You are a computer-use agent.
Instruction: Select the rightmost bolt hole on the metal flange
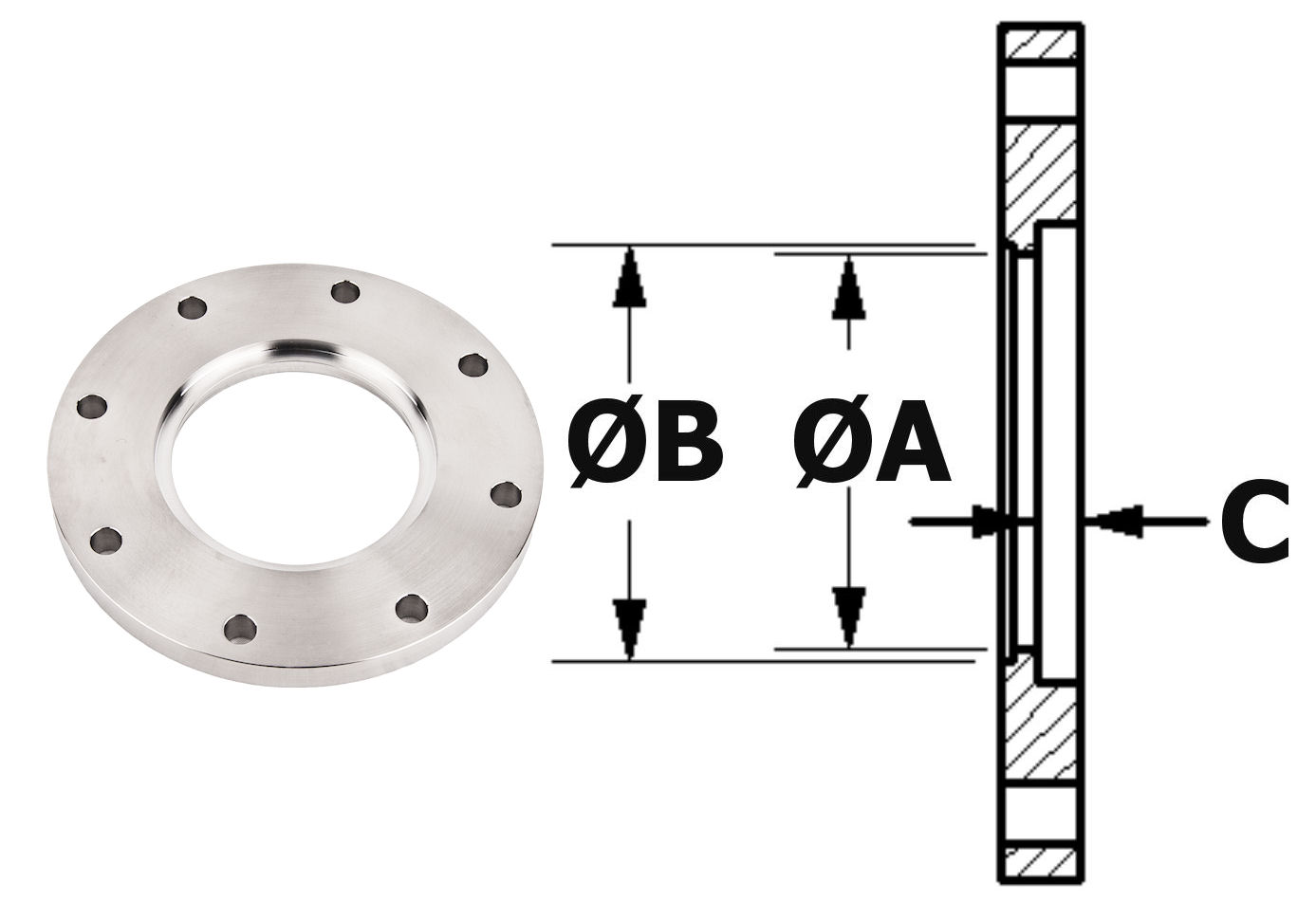508,493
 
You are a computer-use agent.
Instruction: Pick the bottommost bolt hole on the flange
239,627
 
